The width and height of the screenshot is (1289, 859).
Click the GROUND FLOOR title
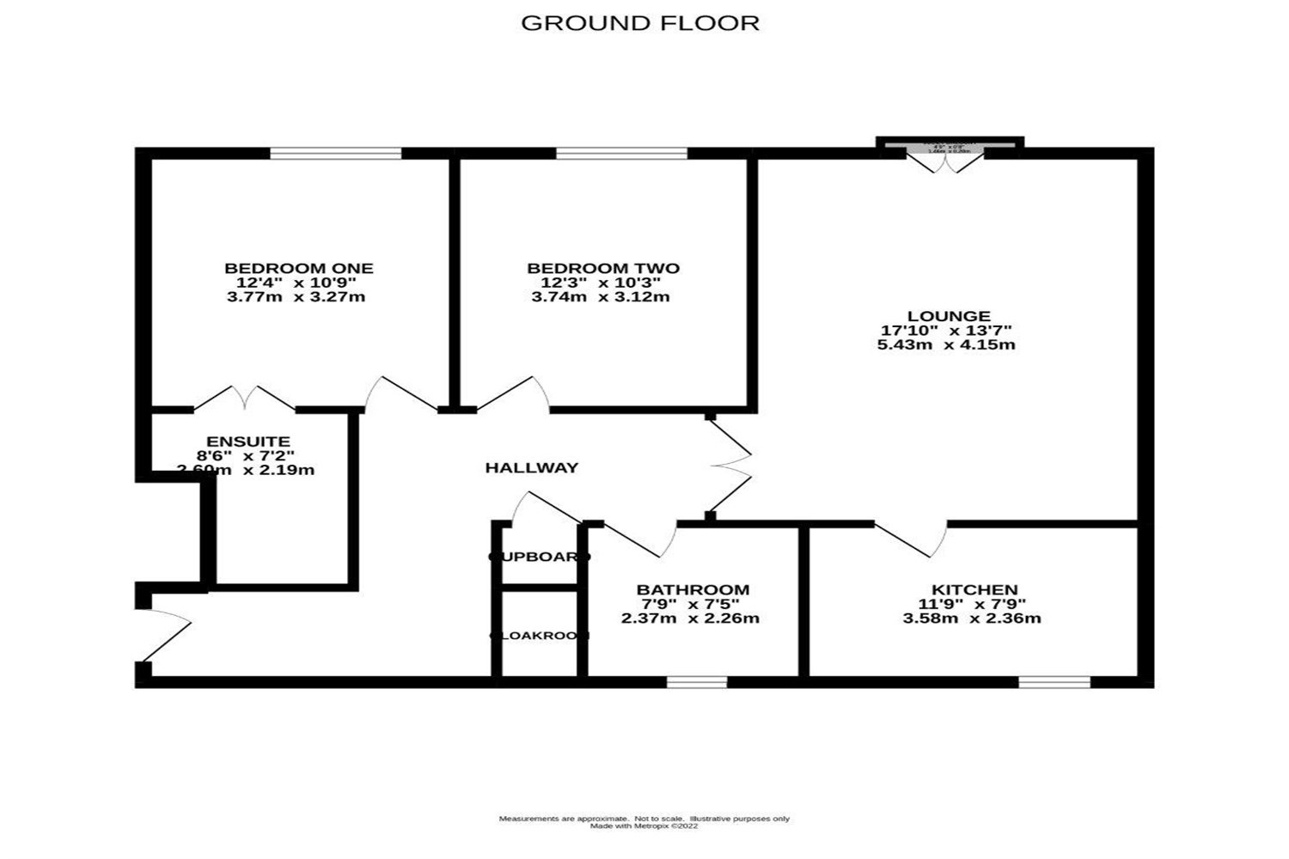click(x=640, y=23)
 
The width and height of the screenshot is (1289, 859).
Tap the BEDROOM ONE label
click(x=299, y=269)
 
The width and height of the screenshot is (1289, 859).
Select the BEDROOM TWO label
click(x=603, y=269)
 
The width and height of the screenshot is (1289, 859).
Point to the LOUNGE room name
click(x=949, y=316)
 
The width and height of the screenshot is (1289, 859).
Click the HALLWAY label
click(x=532, y=468)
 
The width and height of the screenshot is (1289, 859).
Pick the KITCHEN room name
click(x=974, y=590)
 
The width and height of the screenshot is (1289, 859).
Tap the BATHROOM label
click(x=693, y=590)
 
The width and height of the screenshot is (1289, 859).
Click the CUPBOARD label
click(x=540, y=557)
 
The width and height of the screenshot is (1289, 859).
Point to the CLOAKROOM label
click(x=540, y=636)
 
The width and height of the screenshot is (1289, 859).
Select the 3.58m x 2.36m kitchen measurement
click(x=972, y=618)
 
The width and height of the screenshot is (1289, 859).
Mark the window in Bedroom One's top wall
click(x=336, y=154)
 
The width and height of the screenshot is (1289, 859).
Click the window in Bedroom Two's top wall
click(x=621, y=154)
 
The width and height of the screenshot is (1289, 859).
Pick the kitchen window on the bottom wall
click(x=1054, y=682)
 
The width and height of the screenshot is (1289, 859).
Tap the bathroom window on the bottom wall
click(x=697, y=682)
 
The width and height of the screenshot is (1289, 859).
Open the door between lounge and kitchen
click(x=913, y=538)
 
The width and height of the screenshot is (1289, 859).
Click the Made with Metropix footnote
click(x=644, y=826)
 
